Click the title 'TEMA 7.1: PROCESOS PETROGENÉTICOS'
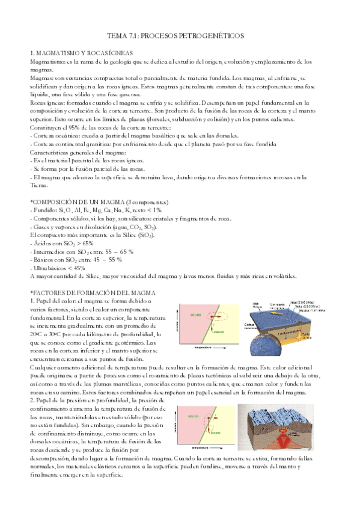180,36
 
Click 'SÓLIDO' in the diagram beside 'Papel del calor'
196,315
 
